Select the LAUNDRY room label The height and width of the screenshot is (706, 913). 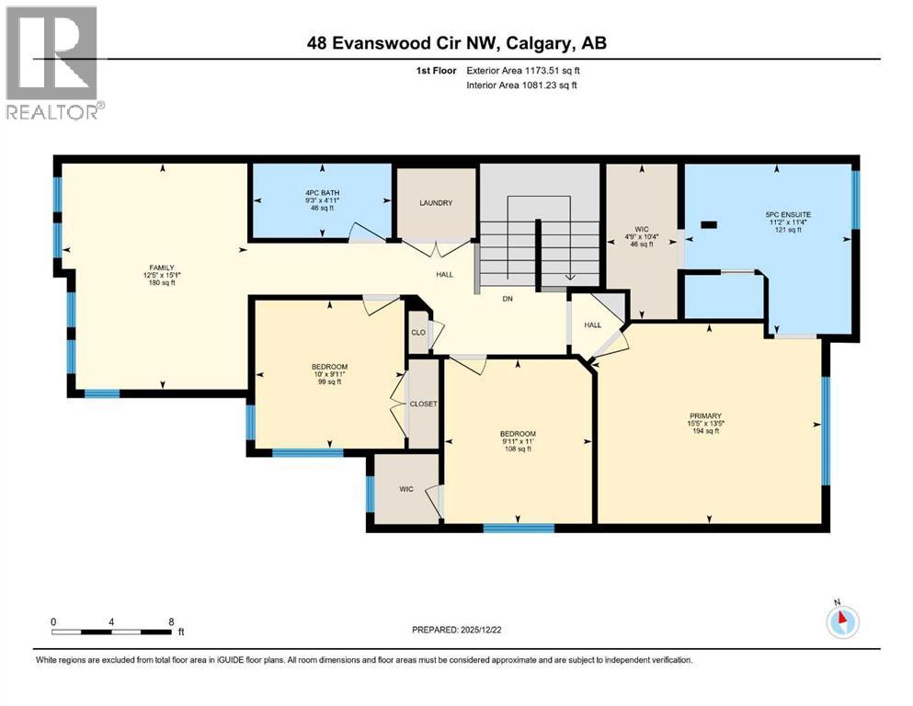pos(436,203)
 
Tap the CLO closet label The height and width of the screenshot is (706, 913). pos(418,332)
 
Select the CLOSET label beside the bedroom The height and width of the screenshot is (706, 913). pos(423,404)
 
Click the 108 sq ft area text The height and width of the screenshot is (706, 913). pos(517,449)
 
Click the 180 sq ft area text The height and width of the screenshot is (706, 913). pos(160,283)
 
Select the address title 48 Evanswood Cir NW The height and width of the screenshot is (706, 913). pos(456,43)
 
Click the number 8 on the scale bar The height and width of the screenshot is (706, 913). pos(171,621)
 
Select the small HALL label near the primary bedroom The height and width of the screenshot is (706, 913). pos(593,325)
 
